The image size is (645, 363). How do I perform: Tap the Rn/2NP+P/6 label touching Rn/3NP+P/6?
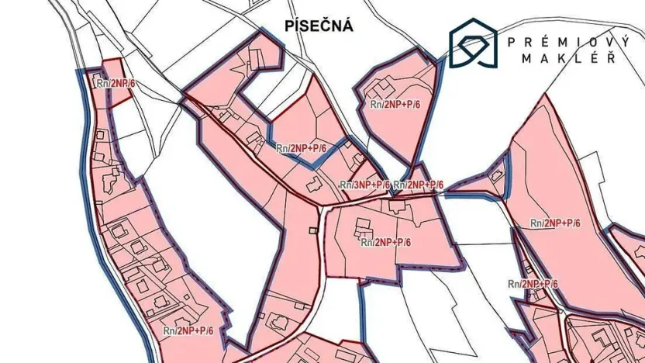pos(419,185)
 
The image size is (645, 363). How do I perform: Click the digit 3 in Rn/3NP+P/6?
pos(356,185)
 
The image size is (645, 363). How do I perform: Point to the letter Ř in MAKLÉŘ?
pos(612,58)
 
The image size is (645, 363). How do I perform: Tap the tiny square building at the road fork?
pos(313,230)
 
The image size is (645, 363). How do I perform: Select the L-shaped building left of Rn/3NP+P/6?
pos(313,185)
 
